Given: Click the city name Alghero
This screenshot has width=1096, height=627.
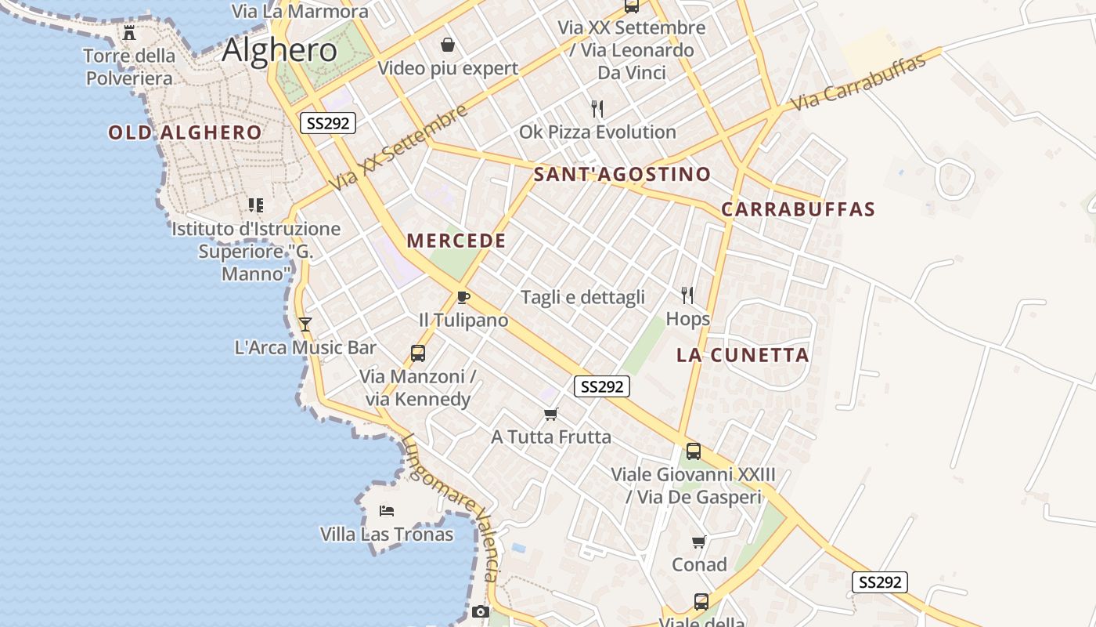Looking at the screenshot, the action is click(279, 50).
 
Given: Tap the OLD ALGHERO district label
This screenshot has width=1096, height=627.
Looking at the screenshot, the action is click(185, 132).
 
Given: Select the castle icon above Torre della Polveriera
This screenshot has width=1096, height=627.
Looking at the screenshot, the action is click(129, 33).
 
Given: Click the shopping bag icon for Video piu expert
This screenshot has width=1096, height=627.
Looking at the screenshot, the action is click(448, 45).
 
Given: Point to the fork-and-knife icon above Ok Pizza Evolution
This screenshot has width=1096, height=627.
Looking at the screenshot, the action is click(597, 108).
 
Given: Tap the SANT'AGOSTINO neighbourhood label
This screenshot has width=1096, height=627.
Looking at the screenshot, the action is click(622, 174).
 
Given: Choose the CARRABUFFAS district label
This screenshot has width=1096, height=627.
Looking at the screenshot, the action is click(798, 209).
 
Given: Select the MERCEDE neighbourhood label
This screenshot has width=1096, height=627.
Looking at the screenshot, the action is click(456, 241).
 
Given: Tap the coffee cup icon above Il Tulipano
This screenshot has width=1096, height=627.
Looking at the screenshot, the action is click(463, 297).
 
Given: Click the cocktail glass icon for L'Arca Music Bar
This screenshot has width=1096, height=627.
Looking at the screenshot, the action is click(305, 324).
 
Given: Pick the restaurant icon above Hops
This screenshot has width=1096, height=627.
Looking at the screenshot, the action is click(687, 295).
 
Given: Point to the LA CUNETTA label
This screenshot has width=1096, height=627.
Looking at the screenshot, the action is click(742, 355).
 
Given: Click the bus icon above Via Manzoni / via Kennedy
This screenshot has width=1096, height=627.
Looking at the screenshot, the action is click(418, 353).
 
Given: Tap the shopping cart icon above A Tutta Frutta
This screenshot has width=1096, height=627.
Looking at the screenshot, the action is click(551, 414).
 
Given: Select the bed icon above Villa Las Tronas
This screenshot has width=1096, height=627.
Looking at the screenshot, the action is click(387, 511).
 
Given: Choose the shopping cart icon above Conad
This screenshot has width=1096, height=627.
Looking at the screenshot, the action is click(699, 542).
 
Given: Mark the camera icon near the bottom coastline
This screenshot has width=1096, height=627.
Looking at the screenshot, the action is click(481, 611).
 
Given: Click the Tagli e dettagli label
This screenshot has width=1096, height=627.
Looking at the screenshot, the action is click(583, 297).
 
